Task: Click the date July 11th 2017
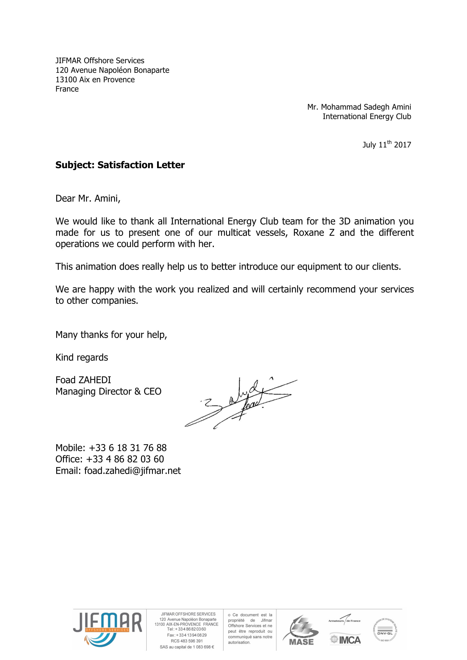(386, 144)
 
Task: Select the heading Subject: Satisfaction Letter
(120, 165)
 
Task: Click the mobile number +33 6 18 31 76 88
(127, 448)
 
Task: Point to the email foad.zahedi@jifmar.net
(133, 471)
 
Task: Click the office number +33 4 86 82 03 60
(125, 459)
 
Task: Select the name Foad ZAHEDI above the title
(83, 380)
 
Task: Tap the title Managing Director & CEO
(108, 392)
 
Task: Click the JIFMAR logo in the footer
(107, 629)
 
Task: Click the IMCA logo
(345, 640)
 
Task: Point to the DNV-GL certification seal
(385, 630)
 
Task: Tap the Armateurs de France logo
(344, 620)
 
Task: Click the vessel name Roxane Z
(314, 233)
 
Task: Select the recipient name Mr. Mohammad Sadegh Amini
(359, 107)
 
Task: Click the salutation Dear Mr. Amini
(88, 198)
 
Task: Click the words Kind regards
(82, 357)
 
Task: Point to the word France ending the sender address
(67, 89)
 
